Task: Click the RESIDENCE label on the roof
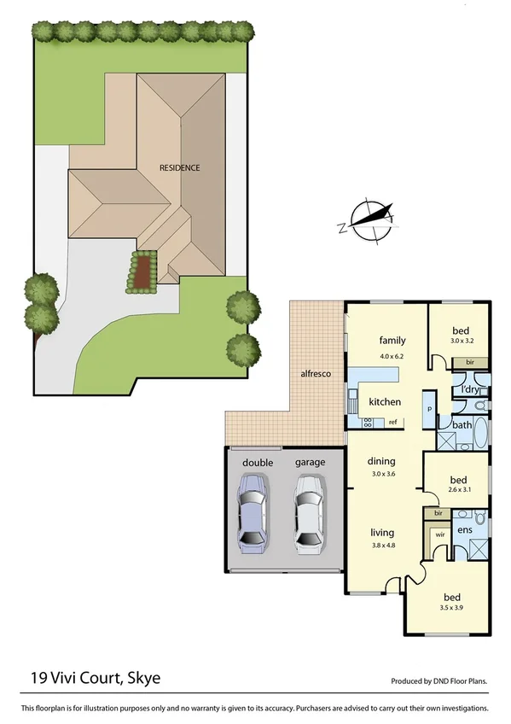tap(180, 167)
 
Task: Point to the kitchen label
tap(384, 401)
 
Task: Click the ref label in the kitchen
tap(393, 422)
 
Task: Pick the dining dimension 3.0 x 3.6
tap(385, 474)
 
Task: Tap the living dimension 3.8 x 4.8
tap(385, 544)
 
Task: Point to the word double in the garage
tap(257, 462)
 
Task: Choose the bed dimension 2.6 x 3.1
tap(459, 489)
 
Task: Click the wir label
tap(440, 534)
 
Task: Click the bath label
tap(462, 424)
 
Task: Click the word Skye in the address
tap(144, 679)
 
